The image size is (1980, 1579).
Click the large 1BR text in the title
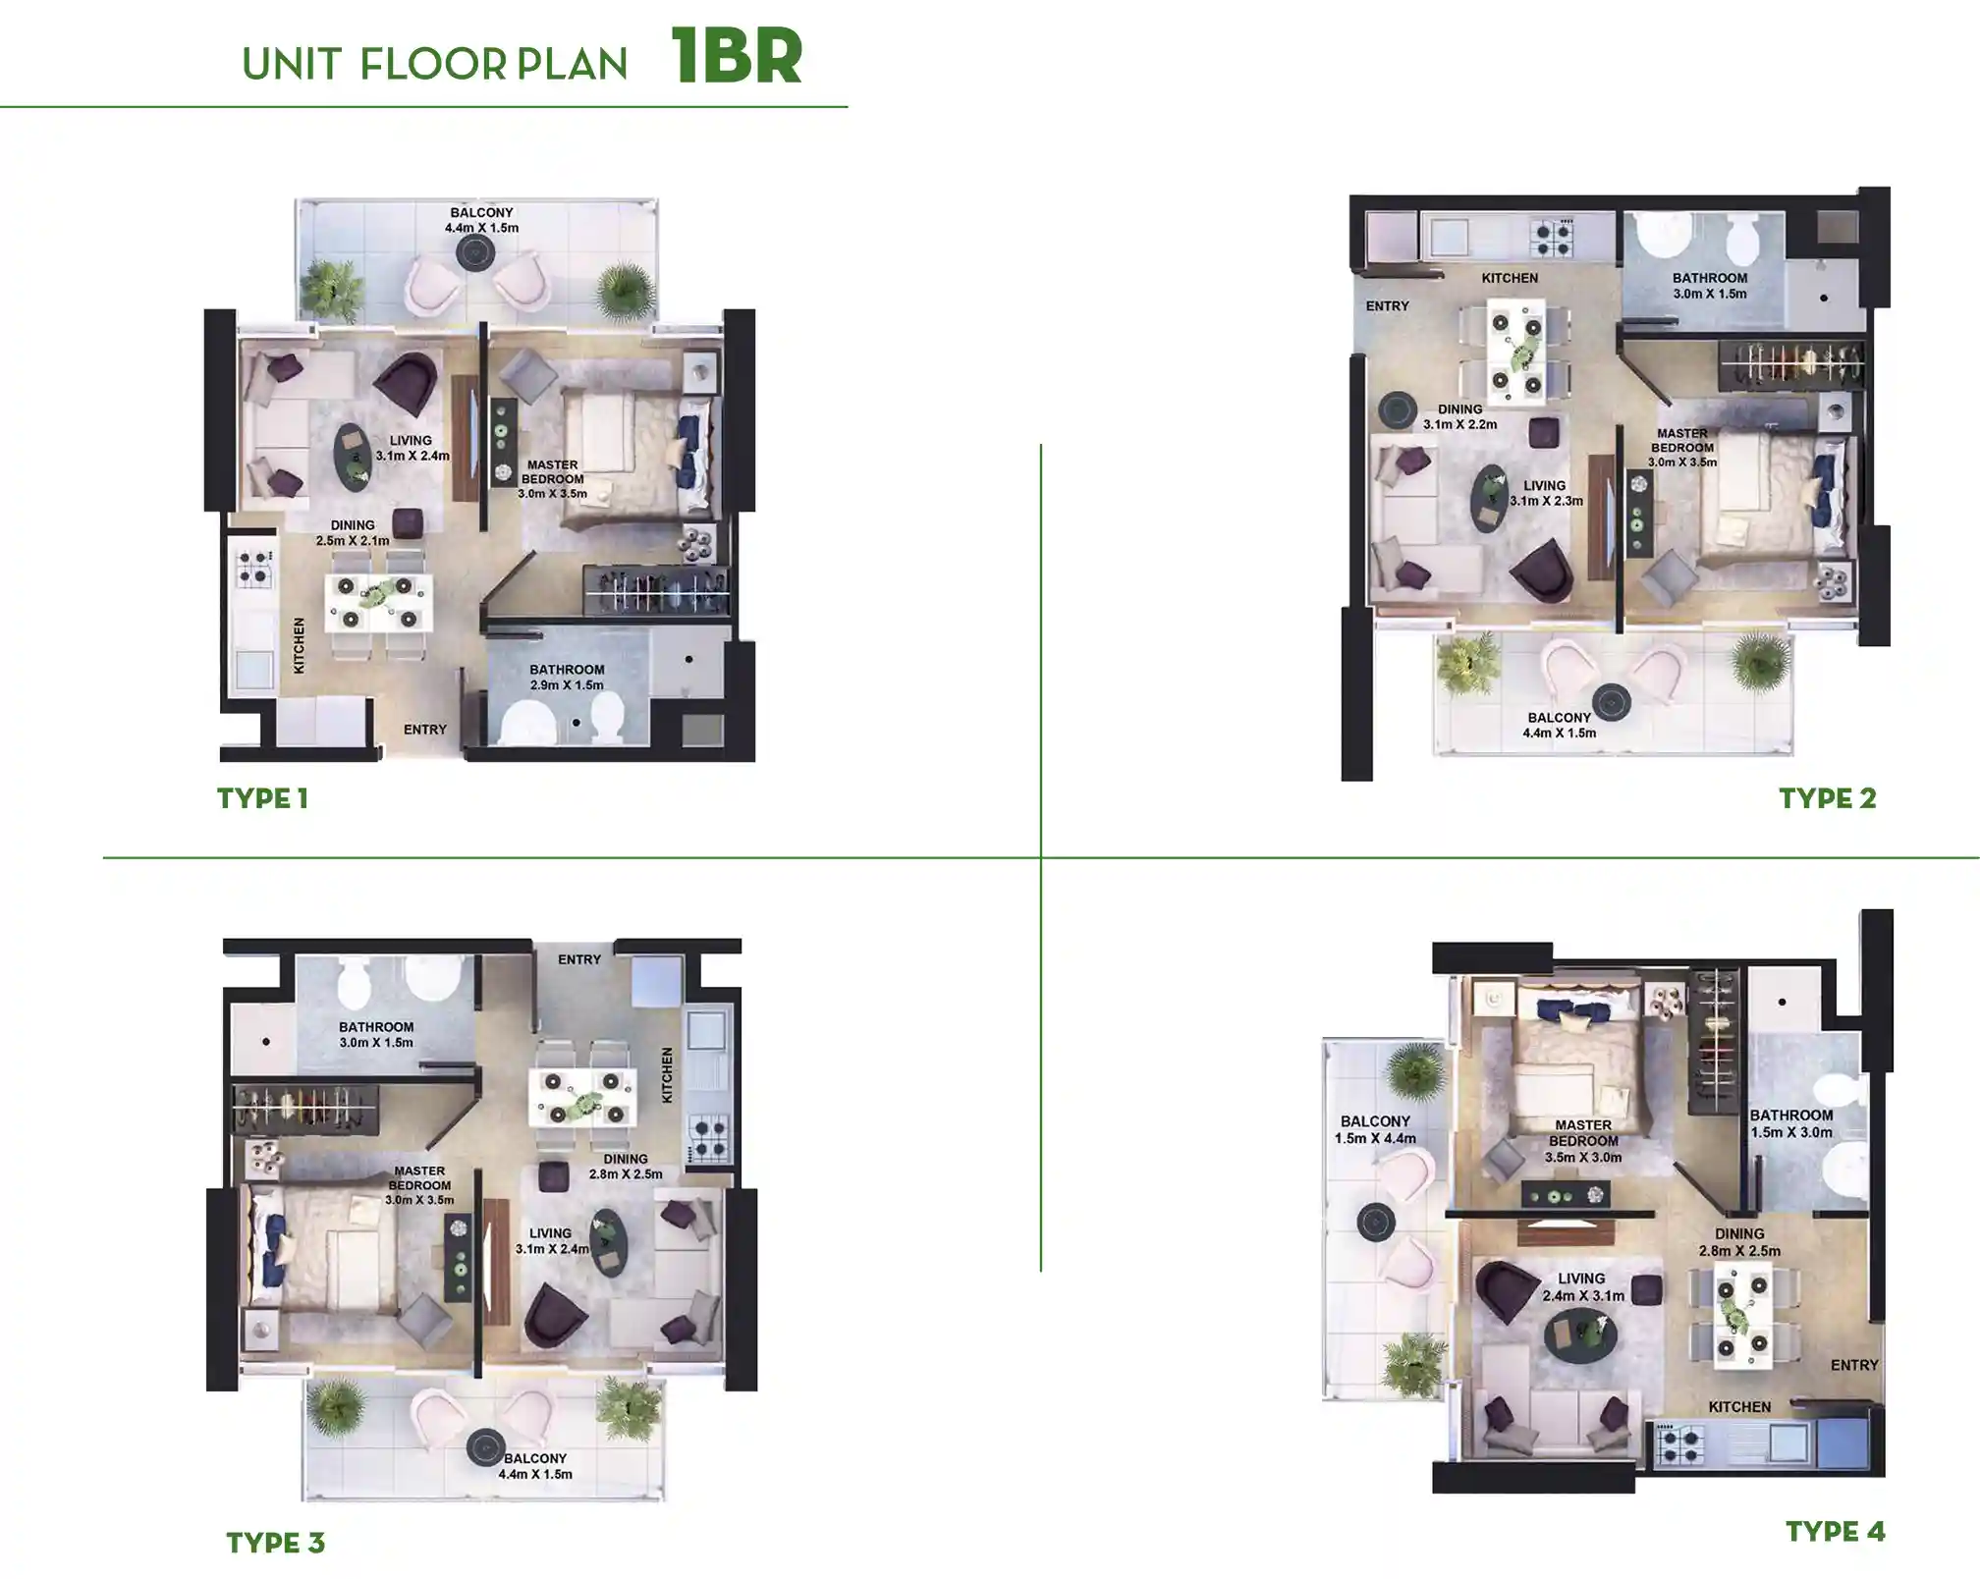(x=737, y=57)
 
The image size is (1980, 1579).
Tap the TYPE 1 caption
(x=262, y=798)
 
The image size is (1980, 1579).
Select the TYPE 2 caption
(x=1827, y=798)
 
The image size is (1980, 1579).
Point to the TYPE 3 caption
(x=275, y=1543)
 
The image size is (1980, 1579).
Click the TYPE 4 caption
(x=1835, y=1531)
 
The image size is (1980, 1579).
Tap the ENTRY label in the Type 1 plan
(x=424, y=730)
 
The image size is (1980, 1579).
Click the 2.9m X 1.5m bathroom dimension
(x=567, y=685)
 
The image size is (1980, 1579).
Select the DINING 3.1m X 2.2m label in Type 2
(x=1459, y=417)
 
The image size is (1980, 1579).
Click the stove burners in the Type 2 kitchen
(x=1552, y=237)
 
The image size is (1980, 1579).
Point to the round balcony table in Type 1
(x=474, y=253)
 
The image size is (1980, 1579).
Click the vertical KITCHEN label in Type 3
(x=667, y=1074)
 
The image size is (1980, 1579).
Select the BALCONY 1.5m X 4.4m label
(x=1374, y=1129)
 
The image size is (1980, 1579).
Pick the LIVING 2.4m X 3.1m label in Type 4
(x=1581, y=1286)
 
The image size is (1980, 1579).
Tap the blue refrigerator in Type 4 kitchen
(x=1842, y=1444)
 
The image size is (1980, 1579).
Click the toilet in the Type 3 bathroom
(x=353, y=979)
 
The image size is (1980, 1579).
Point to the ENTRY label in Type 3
(x=578, y=959)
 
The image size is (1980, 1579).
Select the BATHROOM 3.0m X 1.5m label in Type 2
(x=1709, y=286)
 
